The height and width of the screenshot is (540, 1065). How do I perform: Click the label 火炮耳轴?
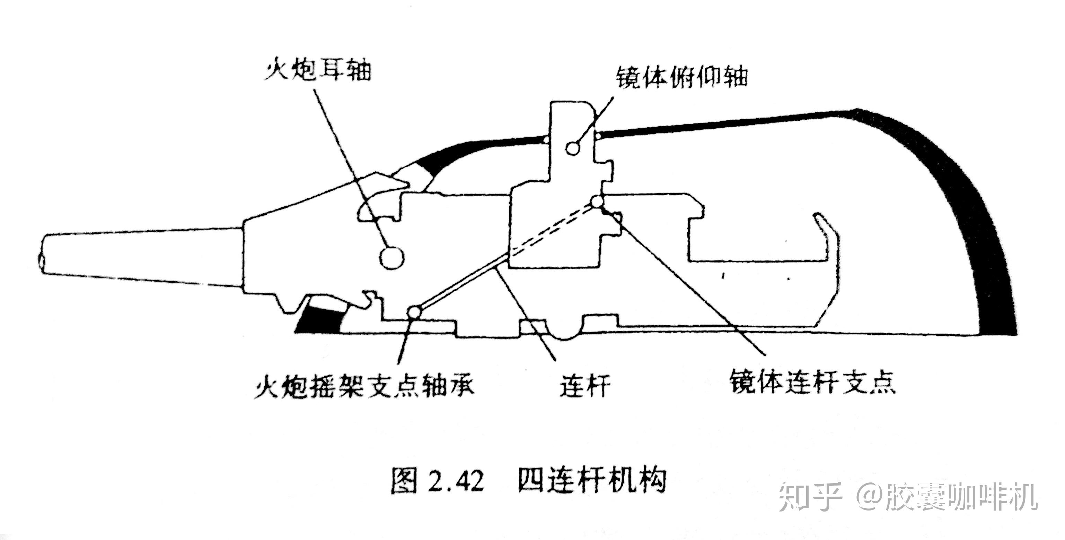[x=317, y=71]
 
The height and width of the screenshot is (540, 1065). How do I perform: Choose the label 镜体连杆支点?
[x=812, y=381]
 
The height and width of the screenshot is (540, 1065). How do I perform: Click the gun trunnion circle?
[x=391, y=258]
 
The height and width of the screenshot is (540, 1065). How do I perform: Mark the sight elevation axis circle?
[x=573, y=148]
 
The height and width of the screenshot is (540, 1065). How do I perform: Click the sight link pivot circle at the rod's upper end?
[x=597, y=202]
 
